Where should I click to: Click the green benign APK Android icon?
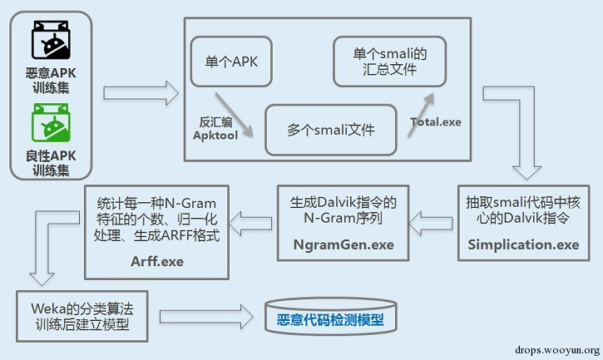pyautogui.click(x=49, y=122)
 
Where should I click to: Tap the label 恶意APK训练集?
pyautogui.click(x=49, y=81)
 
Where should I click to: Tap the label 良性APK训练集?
pyautogui.click(x=49, y=163)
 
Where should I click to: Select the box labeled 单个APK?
pyautogui.click(x=231, y=61)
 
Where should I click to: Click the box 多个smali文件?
pyautogui.click(x=330, y=129)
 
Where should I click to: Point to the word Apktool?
pyautogui.click(x=215, y=134)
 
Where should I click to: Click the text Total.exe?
pyautogui.click(x=435, y=121)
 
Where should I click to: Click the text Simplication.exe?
pyautogui.click(x=523, y=244)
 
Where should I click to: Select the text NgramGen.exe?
pyautogui.click(x=343, y=245)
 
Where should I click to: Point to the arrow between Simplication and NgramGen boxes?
pyautogui.click(x=432, y=220)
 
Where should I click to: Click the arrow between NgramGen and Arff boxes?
pyautogui.click(x=252, y=221)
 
